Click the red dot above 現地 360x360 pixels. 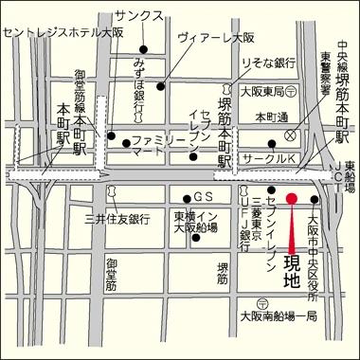[292, 198]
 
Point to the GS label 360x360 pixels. [200, 197]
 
